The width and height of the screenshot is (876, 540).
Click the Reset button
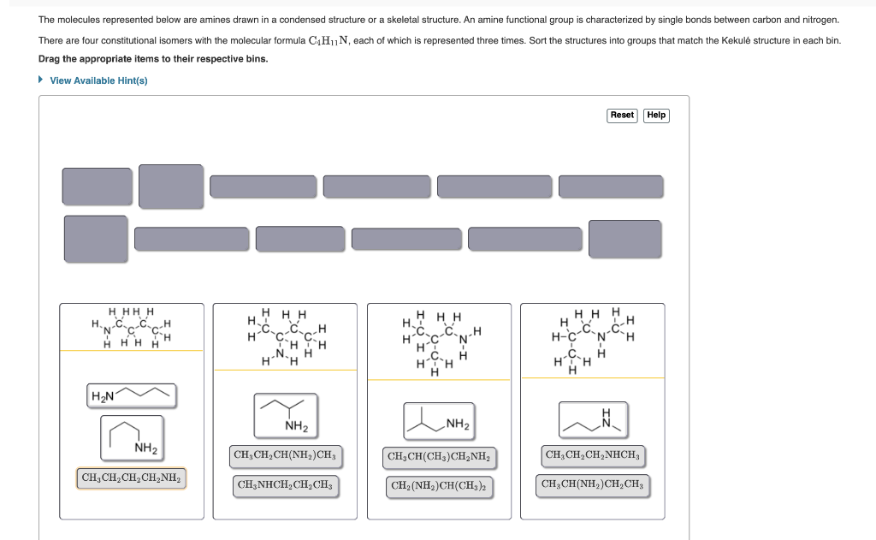pos(622,116)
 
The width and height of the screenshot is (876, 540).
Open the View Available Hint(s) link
pos(98,80)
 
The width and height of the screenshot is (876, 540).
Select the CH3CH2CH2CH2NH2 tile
pos(132,478)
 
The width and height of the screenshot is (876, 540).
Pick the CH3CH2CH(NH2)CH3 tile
pos(285,454)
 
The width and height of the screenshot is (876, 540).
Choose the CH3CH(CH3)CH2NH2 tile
pos(440,457)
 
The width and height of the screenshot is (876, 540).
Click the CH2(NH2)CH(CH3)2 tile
pos(439,486)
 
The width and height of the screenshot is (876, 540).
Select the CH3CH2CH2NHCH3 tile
pos(592,454)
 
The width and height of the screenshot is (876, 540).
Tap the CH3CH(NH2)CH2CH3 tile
pos(593,485)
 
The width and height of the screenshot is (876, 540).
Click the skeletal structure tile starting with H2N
pos(132,395)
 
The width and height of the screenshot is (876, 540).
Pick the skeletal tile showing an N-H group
pos(593,418)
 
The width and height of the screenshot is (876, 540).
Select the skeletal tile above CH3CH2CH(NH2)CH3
pos(285,413)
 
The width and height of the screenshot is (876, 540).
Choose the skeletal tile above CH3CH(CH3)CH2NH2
pos(439,419)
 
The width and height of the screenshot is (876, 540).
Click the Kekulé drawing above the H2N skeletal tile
pos(131,328)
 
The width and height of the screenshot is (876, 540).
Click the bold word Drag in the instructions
pos(50,59)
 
